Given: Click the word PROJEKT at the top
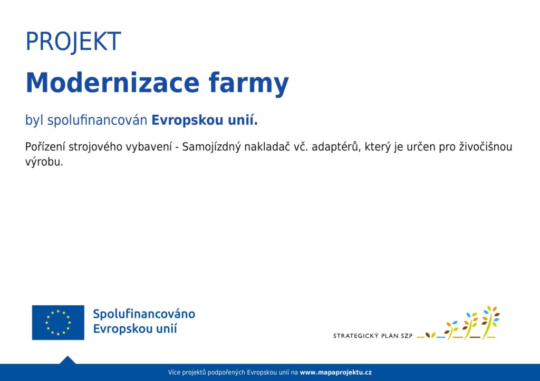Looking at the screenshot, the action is coord(73,42).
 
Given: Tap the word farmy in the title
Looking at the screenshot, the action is coord(249,84).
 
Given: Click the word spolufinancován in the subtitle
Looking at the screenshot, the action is coord(97,121).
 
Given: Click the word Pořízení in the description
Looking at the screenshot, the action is coord(45,147).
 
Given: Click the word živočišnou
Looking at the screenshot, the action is coord(486,147).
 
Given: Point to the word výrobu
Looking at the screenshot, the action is coord(44,162).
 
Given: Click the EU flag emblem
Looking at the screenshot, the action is coord(58,323).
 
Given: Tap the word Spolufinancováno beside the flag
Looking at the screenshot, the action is coord(144,314).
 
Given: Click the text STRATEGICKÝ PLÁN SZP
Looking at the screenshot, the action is coord(373,336).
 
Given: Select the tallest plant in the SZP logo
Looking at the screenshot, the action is coord(490,322).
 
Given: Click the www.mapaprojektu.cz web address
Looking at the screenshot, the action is coord(336,373).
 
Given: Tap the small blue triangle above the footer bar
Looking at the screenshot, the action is coord(67,360).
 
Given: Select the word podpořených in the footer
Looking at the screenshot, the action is coord(227,373).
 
